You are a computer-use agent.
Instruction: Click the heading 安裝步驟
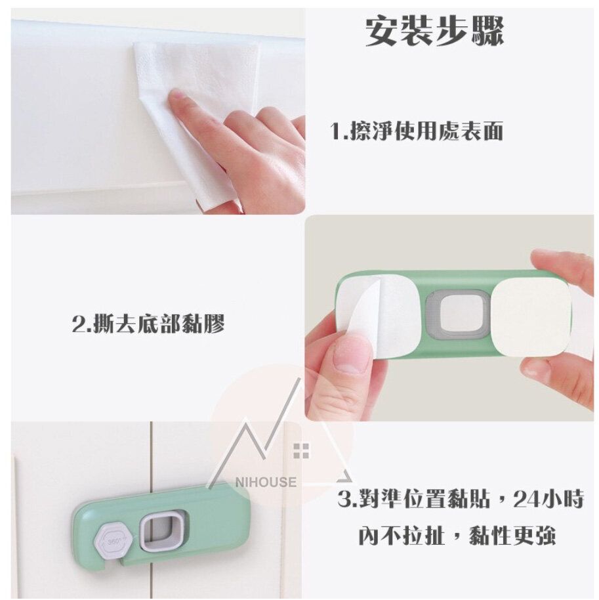(434, 31)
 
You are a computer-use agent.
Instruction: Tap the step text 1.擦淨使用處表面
(416, 131)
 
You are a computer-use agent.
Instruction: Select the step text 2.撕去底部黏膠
(148, 324)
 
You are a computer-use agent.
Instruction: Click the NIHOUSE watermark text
(266, 482)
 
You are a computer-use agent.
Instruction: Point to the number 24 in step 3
(527, 499)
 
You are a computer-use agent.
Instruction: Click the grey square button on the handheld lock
(457, 314)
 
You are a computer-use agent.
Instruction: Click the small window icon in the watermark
(301, 450)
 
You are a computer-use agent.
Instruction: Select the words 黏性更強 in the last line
(512, 534)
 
